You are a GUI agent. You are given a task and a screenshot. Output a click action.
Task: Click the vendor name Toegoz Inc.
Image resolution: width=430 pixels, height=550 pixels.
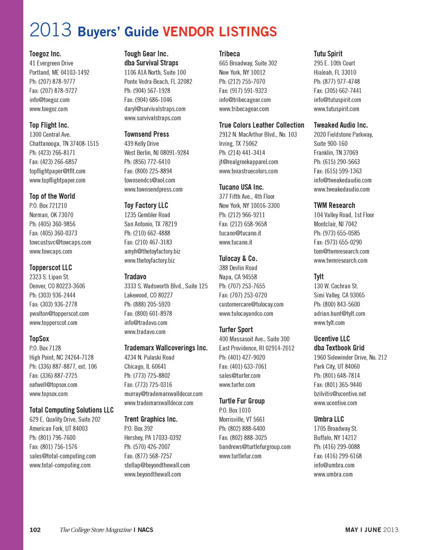tap(45, 54)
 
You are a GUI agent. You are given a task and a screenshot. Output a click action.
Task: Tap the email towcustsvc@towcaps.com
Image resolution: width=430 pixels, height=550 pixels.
tap(60, 242)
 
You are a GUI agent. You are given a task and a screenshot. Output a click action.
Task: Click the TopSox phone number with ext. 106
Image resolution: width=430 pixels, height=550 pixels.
tap(63, 366)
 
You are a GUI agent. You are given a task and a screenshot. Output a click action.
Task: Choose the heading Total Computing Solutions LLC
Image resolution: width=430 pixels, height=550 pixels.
tap(71, 410)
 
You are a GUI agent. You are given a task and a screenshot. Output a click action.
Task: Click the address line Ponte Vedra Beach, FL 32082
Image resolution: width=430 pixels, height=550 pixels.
tap(158, 82)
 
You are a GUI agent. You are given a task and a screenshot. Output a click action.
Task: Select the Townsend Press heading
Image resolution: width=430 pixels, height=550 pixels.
tap(146, 134)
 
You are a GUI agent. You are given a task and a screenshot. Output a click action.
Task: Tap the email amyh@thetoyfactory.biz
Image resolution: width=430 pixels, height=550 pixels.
tap(152, 251)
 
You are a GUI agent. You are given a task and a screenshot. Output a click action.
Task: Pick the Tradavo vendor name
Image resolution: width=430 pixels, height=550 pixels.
tap(135, 276)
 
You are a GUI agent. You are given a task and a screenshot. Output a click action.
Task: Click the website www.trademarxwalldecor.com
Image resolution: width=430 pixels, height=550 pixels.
tap(159, 403)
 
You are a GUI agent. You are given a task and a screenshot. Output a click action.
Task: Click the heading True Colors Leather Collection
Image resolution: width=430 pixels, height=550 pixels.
tap(262, 125)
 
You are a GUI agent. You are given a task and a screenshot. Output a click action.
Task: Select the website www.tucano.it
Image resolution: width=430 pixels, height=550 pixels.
tap(236, 242)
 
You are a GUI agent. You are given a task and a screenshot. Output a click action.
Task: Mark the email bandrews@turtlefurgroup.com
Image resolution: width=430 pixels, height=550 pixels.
tap(255, 447)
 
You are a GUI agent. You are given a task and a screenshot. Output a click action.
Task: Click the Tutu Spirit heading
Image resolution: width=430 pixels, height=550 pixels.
tap(328, 54)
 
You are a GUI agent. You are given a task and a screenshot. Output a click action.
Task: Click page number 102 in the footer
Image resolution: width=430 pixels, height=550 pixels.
tap(35, 530)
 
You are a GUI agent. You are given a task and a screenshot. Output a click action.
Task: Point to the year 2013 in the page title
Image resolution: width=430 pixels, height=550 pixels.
tap(51, 31)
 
